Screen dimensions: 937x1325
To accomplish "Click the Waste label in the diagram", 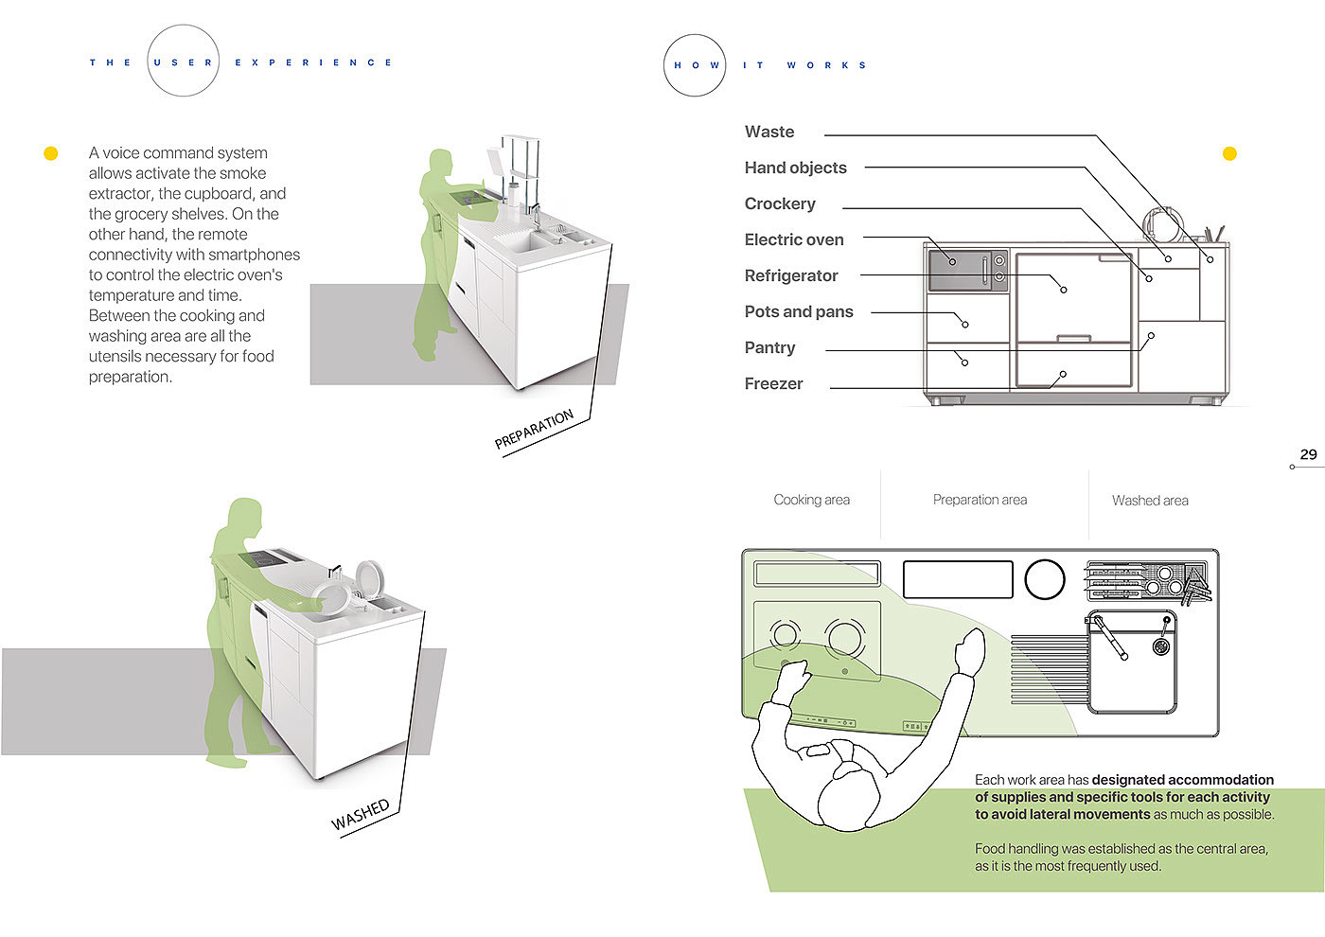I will pyautogui.click(x=769, y=133).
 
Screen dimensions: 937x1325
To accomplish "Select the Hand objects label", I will pyautogui.click(x=795, y=168).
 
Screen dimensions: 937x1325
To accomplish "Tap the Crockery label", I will pyautogui.click(x=780, y=204).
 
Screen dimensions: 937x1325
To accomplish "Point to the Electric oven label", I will pyautogui.click(x=794, y=240).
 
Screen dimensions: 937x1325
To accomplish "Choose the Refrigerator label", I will pyautogui.click(x=791, y=276).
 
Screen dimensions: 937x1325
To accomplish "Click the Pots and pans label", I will pyautogui.click(x=799, y=312).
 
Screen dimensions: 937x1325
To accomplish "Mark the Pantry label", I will pyautogui.click(x=769, y=348).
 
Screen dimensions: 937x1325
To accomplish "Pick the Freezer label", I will pyautogui.click(x=773, y=384).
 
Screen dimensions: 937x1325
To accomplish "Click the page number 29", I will pyautogui.click(x=1308, y=454).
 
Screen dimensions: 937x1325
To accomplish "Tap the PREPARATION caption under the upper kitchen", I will pyautogui.click(x=534, y=430).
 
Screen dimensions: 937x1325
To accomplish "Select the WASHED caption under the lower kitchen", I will pyautogui.click(x=361, y=814).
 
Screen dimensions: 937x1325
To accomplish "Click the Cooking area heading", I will pyautogui.click(x=811, y=500).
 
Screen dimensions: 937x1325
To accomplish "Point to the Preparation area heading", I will pyautogui.click(x=980, y=500).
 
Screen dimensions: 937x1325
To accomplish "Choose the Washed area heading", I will pyautogui.click(x=1150, y=501).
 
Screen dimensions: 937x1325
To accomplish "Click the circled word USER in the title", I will pyautogui.click(x=183, y=62).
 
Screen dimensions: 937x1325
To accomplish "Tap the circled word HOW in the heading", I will pyautogui.click(x=696, y=65).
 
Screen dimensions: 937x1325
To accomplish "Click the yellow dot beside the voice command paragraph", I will pyautogui.click(x=51, y=153).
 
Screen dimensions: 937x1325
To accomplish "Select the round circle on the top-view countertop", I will pyautogui.click(x=1045, y=579).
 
